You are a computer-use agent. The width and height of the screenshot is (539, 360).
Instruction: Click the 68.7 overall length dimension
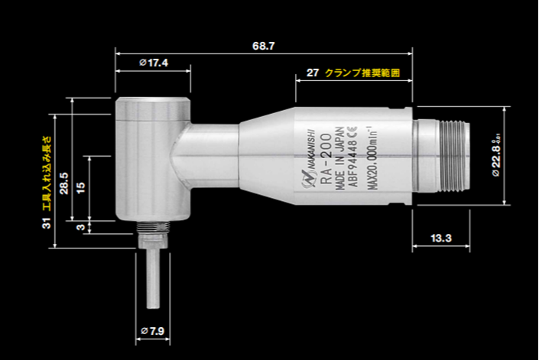(264, 47)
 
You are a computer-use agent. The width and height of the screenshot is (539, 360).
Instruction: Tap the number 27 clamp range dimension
(311, 73)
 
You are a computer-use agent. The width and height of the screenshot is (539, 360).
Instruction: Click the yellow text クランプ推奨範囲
(362, 73)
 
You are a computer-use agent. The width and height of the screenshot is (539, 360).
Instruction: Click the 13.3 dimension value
(440, 238)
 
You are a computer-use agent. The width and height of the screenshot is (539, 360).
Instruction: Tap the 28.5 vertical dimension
(64, 183)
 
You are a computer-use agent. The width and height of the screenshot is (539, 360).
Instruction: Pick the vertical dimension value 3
(81, 226)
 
